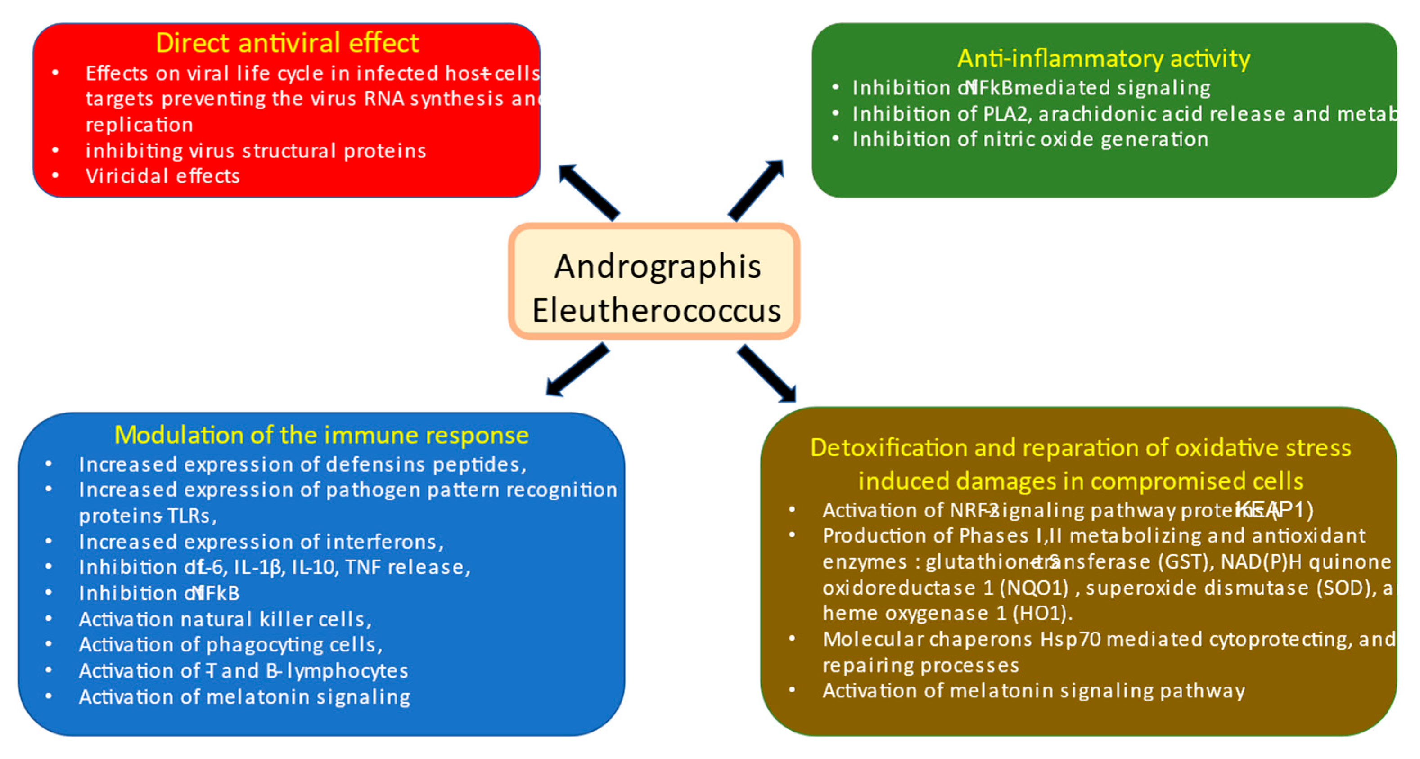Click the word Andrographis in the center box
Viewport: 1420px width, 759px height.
point(657,267)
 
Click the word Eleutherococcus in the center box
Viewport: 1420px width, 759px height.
point(656,310)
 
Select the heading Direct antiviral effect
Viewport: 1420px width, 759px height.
point(287,43)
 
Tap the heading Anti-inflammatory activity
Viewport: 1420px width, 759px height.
point(1104,58)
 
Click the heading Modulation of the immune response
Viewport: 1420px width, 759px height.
point(321,435)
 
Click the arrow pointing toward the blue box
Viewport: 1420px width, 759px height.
point(577,369)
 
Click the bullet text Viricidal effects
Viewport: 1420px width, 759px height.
point(162,176)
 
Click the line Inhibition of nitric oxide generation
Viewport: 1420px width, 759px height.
point(1030,139)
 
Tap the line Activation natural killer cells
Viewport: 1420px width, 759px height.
point(225,620)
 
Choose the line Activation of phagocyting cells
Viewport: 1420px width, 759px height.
point(230,645)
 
